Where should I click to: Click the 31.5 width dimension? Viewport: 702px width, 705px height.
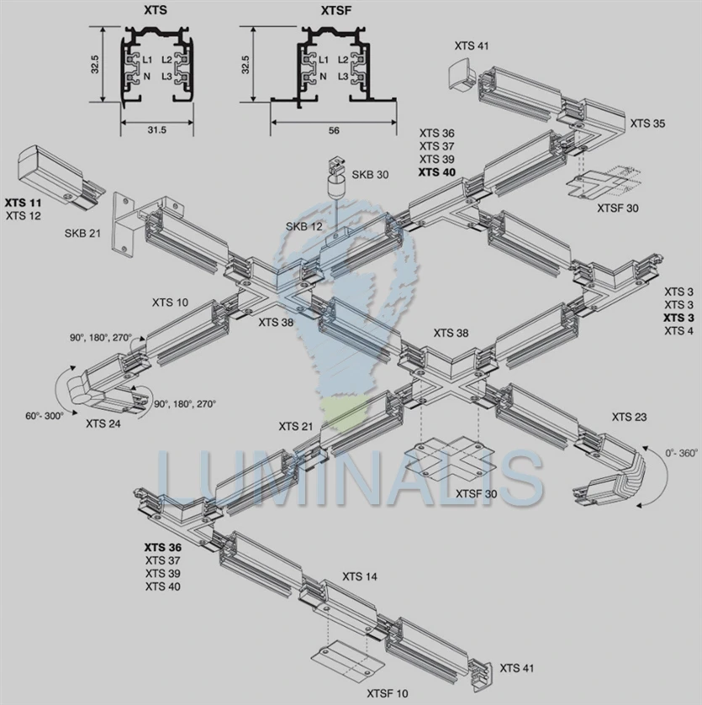point(156,130)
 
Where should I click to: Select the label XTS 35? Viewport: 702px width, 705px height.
point(647,124)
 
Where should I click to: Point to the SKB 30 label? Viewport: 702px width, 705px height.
point(370,175)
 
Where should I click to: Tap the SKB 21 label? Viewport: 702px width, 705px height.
point(82,233)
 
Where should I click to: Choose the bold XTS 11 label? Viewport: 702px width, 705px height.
point(23,203)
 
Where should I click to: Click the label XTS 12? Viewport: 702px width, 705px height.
point(23,216)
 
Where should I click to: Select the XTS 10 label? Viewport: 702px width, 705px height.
point(171,302)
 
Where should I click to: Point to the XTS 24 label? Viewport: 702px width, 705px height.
point(103,424)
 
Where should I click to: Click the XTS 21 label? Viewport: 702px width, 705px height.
point(296,426)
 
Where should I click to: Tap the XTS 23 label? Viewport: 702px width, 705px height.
point(629,417)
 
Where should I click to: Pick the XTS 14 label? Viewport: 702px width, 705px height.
point(359,576)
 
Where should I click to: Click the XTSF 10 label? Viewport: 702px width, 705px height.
point(388,693)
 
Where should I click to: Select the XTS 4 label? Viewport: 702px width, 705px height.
point(678,331)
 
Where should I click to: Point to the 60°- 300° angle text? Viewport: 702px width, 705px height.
point(44,416)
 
